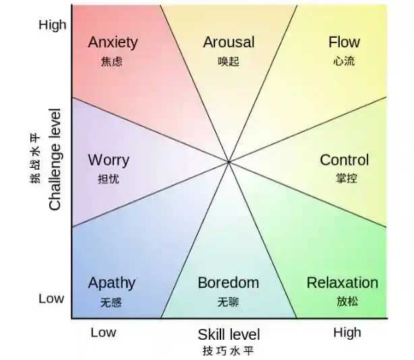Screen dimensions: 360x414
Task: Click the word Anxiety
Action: click(x=113, y=42)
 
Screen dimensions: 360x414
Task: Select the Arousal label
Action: click(x=229, y=42)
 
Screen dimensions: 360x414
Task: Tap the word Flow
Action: click(x=344, y=42)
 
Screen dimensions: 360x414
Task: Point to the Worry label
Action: click(x=109, y=160)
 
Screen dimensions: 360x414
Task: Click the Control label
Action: click(x=344, y=160)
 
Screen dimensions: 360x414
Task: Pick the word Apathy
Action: click(x=111, y=282)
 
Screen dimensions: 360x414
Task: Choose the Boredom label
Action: click(x=228, y=282)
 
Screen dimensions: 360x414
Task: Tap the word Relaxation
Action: click(x=342, y=282)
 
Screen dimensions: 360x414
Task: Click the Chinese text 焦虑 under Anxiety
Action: click(x=111, y=61)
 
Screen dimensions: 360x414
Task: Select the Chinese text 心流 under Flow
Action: click(x=344, y=61)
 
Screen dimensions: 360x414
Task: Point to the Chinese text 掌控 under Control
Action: click(x=345, y=179)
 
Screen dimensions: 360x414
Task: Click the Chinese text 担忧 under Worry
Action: click(x=109, y=179)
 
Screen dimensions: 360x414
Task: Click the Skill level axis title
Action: click(x=228, y=334)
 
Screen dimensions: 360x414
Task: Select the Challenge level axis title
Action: click(x=55, y=159)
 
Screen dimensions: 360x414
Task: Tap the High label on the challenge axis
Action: click(x=53, y=25)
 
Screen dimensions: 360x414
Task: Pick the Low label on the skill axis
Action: click(x=103, y=332)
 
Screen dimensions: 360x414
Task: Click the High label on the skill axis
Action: click(x=347, y=332)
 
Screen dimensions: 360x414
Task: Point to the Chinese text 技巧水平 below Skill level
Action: click(x=228, y=351)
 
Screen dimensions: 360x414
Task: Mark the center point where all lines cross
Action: click(x=229, y=162)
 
